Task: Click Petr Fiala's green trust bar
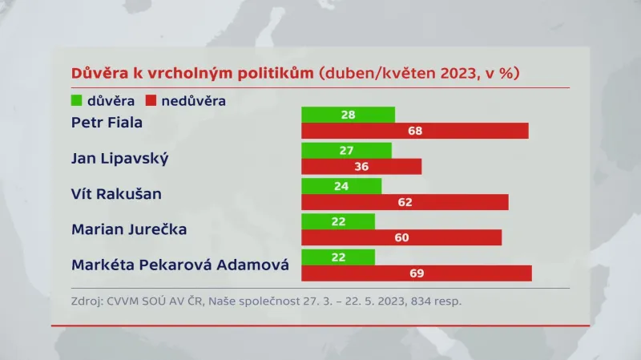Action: tap(348, 115)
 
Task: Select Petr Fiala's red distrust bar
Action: tap(415, 131)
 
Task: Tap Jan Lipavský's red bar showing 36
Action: tap(361, 166)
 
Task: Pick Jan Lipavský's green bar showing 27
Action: tap(346, 150)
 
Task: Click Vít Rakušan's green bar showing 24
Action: tap(341, 185)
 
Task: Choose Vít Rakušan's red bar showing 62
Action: tap(405, 202)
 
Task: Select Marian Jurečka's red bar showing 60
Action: tap(401, 237)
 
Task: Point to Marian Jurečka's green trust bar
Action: tap(338, 221)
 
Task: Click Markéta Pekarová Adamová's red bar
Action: tap(417, 273)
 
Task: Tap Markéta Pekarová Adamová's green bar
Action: tap(338, 257)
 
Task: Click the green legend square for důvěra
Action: tap(78, 101)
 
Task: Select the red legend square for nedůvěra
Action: tap(151, 101)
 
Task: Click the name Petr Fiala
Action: tap(106, 123)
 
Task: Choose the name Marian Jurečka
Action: tap(129, 229)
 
